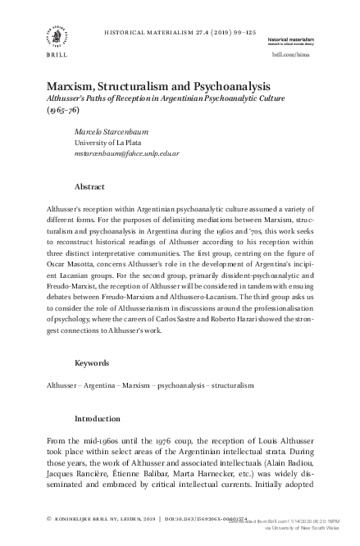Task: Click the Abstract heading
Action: tap(89, 186)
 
